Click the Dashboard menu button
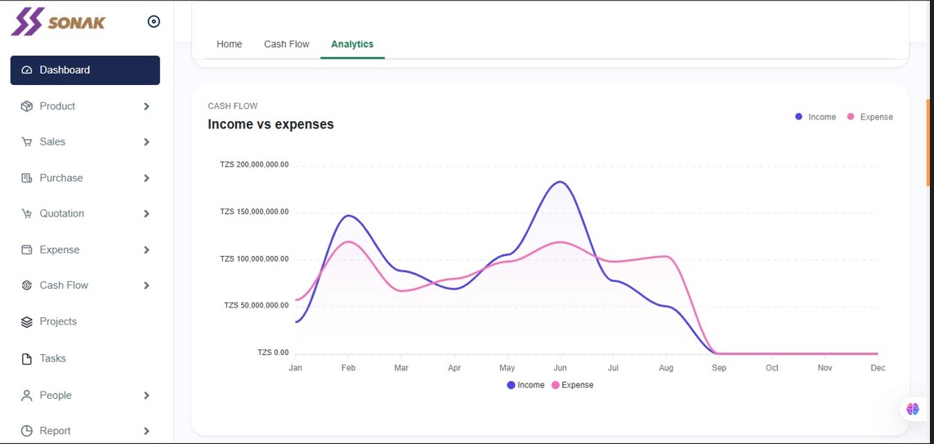(85, 70)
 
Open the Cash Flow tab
(287, 44)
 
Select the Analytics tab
(352, 44)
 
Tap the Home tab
(230, 44)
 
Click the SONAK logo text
(76, 23)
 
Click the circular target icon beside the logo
(154, 22)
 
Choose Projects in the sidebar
(58, 322)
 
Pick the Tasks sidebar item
(52, 359)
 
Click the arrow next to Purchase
(146, 178)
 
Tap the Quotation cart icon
(26, 214)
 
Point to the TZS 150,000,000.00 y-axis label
(254, 212)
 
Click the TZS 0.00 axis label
(273, 352)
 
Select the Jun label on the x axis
(560, 368)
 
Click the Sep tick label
(719, 368)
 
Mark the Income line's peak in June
(560, 182)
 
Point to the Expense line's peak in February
(348, 241)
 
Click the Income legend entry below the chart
(525, 385)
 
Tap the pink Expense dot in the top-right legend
(851, 116)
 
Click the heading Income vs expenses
(271, 124)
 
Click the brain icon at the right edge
(913, 409)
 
